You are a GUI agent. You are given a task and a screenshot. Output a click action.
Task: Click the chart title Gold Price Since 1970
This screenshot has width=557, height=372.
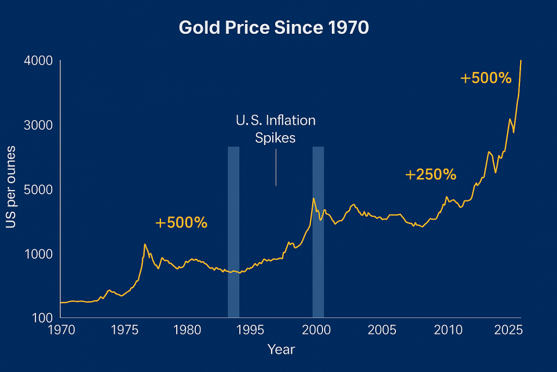coord(274,28)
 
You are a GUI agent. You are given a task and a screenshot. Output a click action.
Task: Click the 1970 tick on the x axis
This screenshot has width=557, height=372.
coord(60,330)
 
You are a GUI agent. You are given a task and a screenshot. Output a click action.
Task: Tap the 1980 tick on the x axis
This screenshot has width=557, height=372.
coord(187,330)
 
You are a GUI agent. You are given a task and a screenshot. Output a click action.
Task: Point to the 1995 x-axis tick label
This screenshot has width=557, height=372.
coord(251,330)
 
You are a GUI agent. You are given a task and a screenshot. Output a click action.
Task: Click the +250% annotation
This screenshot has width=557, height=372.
coord(430,175)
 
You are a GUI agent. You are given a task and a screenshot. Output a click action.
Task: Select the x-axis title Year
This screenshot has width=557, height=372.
coord(281,349)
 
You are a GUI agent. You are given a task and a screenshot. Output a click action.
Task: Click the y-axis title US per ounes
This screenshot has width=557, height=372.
coord(11,187)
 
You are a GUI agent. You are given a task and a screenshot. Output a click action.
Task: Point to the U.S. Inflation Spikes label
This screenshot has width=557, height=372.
coord(276,129)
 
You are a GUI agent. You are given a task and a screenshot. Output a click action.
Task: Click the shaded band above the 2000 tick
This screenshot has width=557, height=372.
coord(318,231)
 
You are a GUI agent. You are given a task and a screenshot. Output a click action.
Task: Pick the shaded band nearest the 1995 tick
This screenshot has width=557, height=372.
coord(233,231)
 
